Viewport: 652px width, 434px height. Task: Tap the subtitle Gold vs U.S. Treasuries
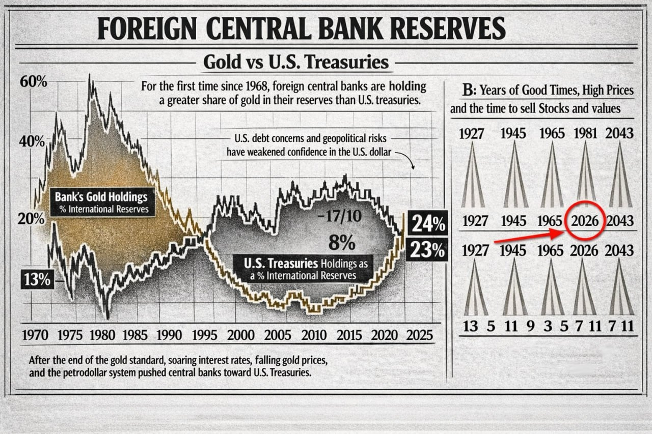tap(296, 62)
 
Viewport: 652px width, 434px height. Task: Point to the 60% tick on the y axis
tap(34, 81)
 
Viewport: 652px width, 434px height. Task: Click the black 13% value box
tap(38, 279)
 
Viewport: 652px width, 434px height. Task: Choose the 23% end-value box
tap(427, 250)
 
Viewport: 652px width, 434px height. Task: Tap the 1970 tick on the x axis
tap(36, 335)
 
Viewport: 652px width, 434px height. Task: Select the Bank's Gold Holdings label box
tap(103, 202)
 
